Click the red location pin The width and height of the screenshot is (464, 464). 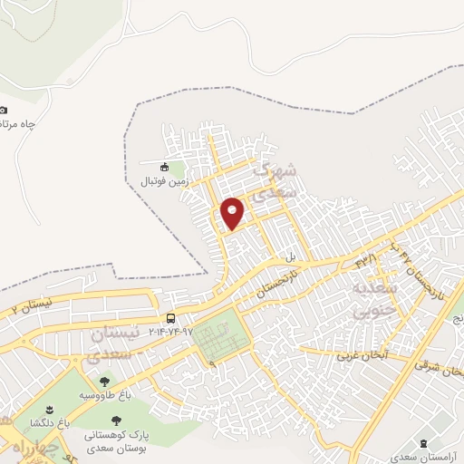(x=234, y=212)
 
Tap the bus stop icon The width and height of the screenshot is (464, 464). (x=170, y=317)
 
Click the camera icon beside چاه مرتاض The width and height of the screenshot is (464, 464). (x=3, y=110)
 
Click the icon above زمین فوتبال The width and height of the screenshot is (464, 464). (x=163, y=167)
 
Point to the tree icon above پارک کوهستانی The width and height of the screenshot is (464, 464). (x=115, y=420)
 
